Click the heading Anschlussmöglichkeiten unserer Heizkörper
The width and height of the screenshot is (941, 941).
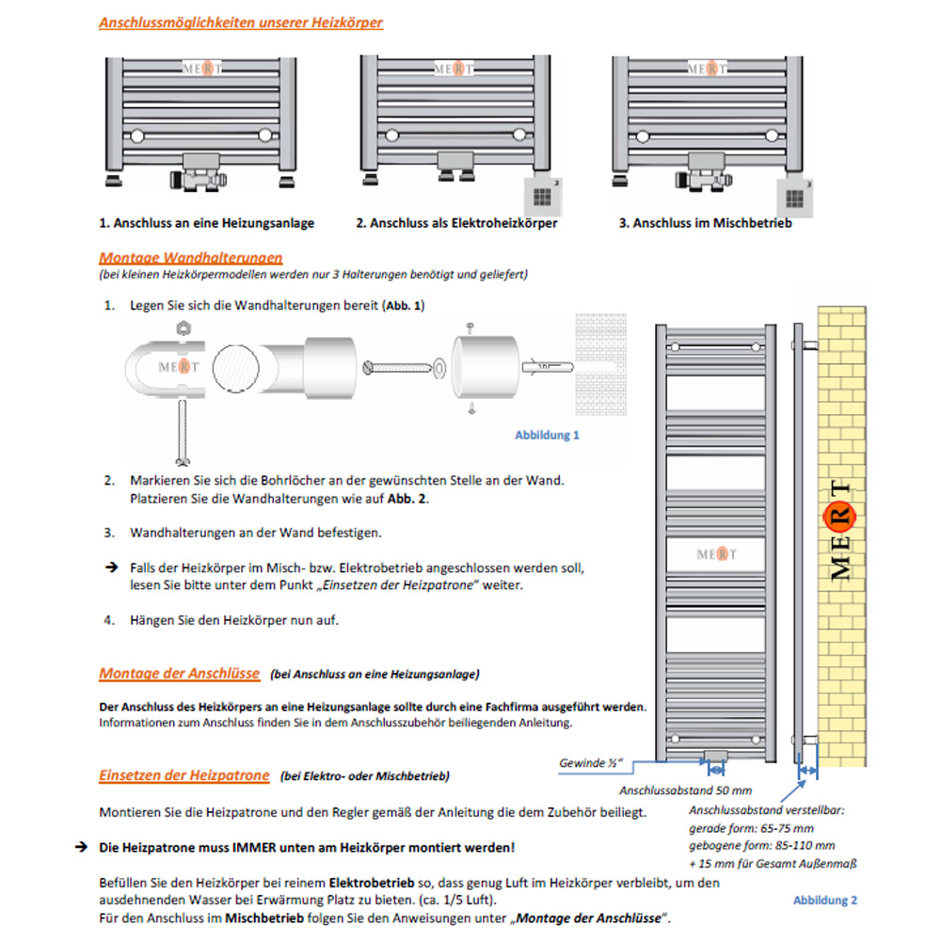pos(241,23)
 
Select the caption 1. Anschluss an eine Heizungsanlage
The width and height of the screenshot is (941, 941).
pos(207,224)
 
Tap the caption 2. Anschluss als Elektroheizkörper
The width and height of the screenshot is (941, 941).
pos(456,224)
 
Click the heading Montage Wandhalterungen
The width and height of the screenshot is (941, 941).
pos(190,257)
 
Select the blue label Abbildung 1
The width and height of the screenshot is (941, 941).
pos(547,436)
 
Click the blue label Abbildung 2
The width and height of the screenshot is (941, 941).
pos(825,901)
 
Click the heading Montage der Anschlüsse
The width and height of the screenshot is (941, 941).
pos(180,674)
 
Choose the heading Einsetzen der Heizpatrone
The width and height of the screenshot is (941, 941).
pos(184,775)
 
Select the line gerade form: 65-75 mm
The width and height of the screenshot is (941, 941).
pos(751,828)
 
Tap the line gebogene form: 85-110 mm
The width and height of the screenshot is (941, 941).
pos(761,845)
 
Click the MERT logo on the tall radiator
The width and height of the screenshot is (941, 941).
pos(718,553)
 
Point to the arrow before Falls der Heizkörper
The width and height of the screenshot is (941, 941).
pos(109,569)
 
